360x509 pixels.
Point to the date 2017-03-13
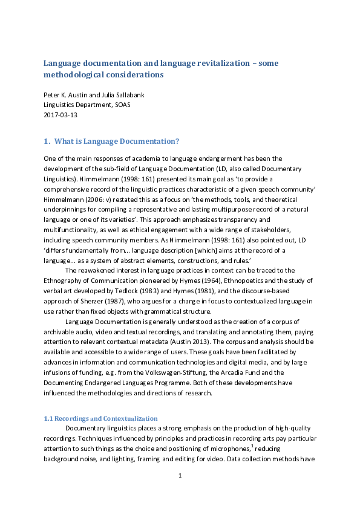point(61,114)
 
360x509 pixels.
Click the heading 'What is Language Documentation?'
point(116,141)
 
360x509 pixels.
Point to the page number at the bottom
point(180,476)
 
